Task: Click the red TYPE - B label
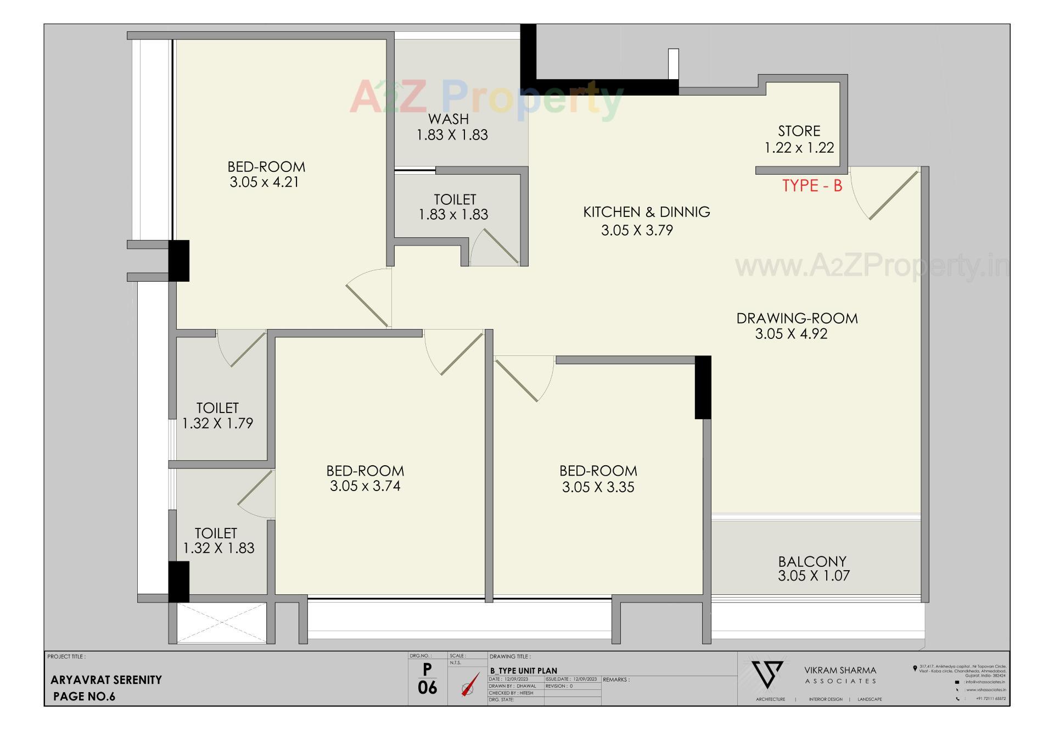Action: (812, 186)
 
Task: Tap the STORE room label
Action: (799, 131)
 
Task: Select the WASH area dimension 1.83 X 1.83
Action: (452, 135)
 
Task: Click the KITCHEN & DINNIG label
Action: (646, 212)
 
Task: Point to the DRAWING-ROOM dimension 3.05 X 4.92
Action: (791, 334)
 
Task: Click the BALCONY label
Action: (812, 561)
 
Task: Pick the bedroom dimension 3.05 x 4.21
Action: (265, 182)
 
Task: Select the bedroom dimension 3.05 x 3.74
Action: (365, 486)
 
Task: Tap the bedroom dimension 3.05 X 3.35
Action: (598, 487)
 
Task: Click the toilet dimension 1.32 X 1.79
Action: (217, 423)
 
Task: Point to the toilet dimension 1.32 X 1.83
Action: (218, 548)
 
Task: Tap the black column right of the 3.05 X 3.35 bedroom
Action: (703, 387)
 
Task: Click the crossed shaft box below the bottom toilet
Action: (222, 623)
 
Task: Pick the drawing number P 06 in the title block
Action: (427, 679)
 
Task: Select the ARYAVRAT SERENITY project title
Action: (106, 680)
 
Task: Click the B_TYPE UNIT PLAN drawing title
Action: (524, 671)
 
